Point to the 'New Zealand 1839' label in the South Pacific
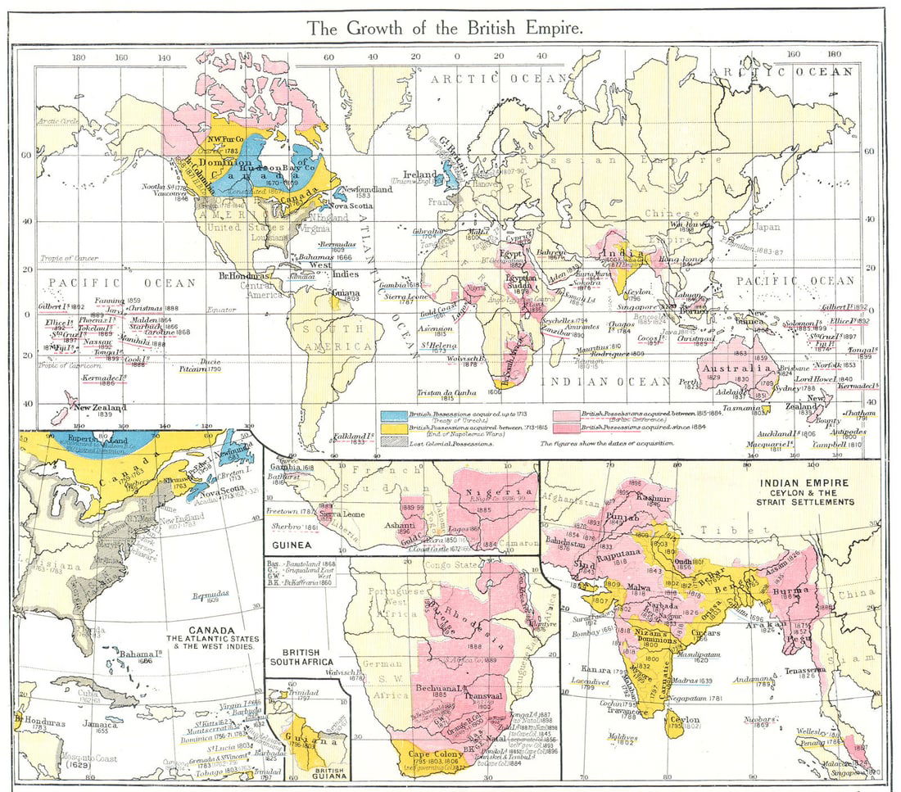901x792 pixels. [x=100, y=408]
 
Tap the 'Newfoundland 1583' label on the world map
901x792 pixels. [x=365, y=190]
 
